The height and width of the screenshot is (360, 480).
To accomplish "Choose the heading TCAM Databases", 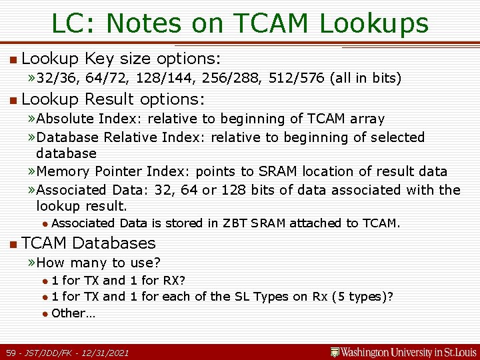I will tap(89, 243).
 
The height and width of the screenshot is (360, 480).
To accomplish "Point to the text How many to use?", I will tap(99, 263).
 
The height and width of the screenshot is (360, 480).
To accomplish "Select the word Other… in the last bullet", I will tap(73, 313).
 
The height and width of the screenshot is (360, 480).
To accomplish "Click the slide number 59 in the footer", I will tap(11, 352).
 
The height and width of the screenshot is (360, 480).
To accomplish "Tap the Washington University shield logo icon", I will tap(335, 351).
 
